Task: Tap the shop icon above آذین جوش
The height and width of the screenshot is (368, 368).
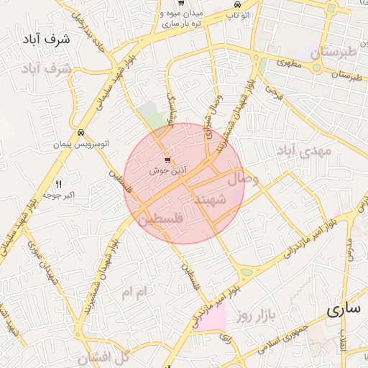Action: tap(167, 160)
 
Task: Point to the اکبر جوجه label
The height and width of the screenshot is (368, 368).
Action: tap(60, 195)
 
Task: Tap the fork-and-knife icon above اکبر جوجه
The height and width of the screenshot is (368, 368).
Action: tap(59, 184)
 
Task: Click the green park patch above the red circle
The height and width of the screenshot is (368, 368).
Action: tap(152, 115)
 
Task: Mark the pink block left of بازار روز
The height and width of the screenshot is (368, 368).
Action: tap(212, 317)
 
